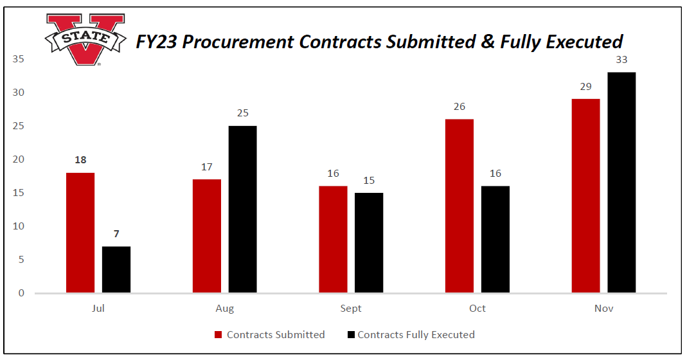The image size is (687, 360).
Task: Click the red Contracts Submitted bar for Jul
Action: [80, 233]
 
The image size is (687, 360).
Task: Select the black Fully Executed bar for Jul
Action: [116, 269]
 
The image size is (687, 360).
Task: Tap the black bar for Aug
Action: [242, 210]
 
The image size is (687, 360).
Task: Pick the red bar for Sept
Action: [333, 239]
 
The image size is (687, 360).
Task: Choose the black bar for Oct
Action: [495, 239]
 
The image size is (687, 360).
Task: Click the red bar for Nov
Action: [585, 196]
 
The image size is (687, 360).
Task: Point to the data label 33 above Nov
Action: [621, 60]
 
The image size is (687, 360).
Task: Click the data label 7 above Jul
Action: [116, 234]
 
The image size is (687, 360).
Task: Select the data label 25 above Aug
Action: [242, 113]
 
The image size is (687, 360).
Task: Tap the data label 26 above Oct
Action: [459, 107]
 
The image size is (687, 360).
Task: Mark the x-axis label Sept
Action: [351, 309]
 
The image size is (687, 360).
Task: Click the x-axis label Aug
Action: [225, 309]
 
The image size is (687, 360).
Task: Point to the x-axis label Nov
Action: [603, 309]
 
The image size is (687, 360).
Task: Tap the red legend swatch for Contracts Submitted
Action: [218, 335]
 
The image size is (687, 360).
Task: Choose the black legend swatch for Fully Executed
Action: [350, 335]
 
